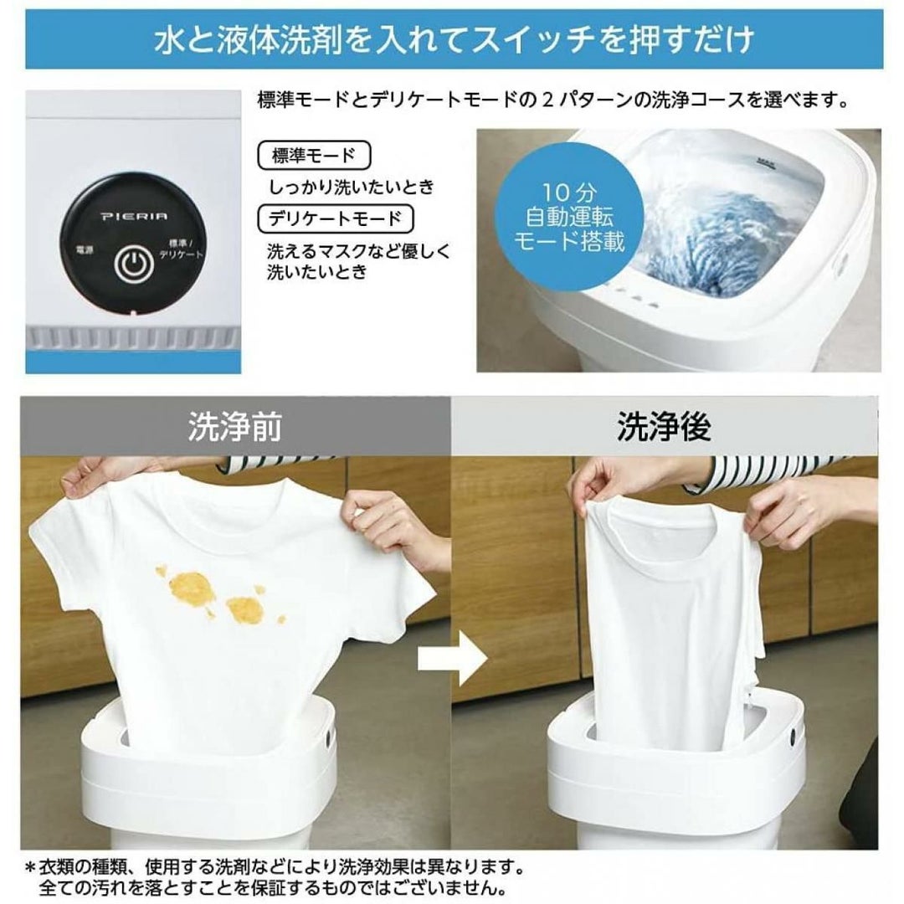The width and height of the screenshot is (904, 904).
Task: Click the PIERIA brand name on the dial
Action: (134, 216)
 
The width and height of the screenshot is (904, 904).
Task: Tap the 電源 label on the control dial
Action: (85, 251)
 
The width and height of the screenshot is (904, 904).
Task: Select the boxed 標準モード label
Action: (314, 156)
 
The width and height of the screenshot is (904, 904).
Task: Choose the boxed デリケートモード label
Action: (335, 218)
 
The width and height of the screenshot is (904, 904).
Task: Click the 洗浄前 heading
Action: (234, 427)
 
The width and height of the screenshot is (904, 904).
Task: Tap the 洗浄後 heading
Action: (664, 427)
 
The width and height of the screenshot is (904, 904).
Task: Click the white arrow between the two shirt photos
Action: (452, 660)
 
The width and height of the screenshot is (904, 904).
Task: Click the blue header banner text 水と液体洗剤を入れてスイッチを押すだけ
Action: (454, 41)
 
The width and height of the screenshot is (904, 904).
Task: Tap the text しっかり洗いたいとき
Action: (352, 187)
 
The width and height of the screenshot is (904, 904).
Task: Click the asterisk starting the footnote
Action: (30, 868)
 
